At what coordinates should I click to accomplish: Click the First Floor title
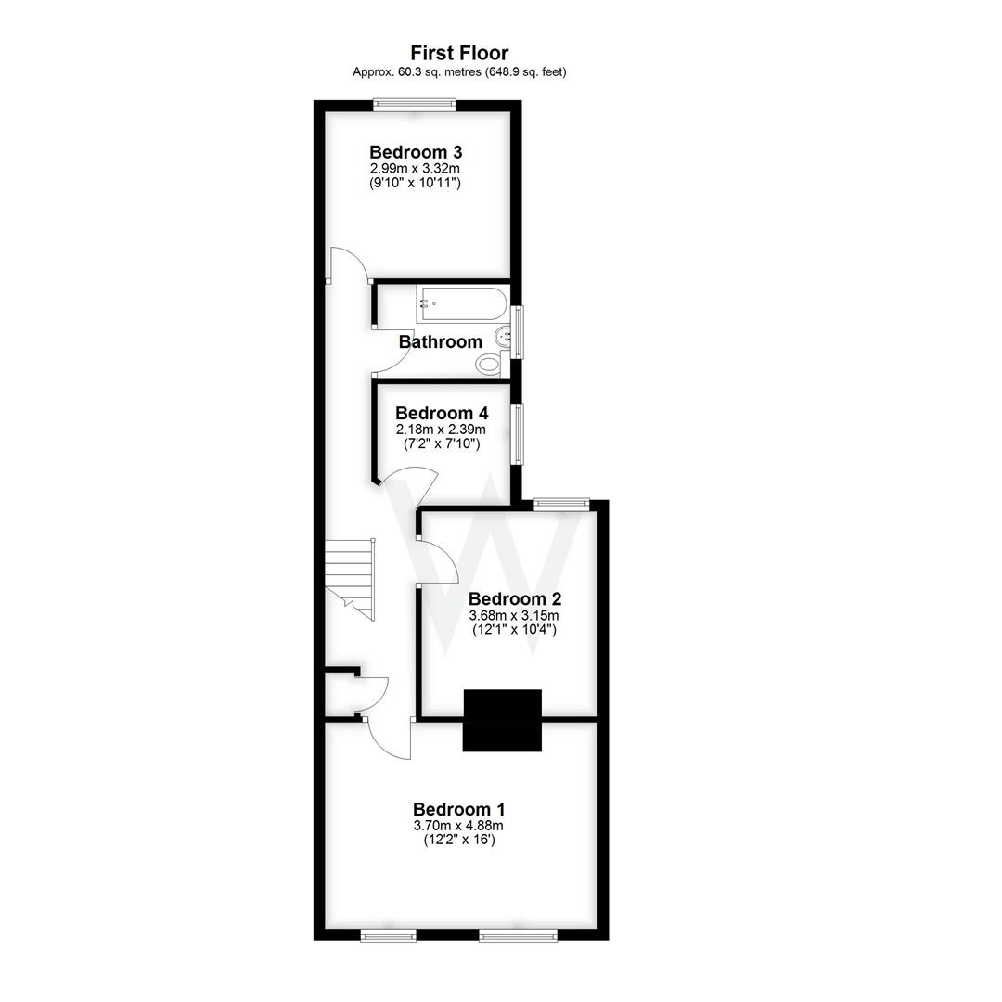[x=459, y=53]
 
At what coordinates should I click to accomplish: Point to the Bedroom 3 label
[x=416, y=152]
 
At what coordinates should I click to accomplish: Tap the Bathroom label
[x=441, y=341]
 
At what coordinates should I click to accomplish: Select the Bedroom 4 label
[x=442, y=413]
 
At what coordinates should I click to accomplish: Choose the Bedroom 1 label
[x=458, y=808]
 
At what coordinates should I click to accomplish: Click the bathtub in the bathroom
[x=461, y=303]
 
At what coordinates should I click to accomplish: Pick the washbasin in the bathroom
[x=504, y=336]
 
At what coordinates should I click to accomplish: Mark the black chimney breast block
[x=502, y=720]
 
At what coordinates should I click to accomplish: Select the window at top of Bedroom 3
[x=414, y=106]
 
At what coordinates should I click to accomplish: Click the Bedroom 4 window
[x=517, y=432]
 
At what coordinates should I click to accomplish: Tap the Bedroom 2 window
[x=561, y=504]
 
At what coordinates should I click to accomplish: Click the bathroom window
[x=518, y=331]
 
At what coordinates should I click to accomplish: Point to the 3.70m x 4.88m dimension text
[x=458, y=825]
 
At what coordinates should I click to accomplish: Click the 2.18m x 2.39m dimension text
[x=442, y=430]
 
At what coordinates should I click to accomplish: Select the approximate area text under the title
[x=459, y=71]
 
